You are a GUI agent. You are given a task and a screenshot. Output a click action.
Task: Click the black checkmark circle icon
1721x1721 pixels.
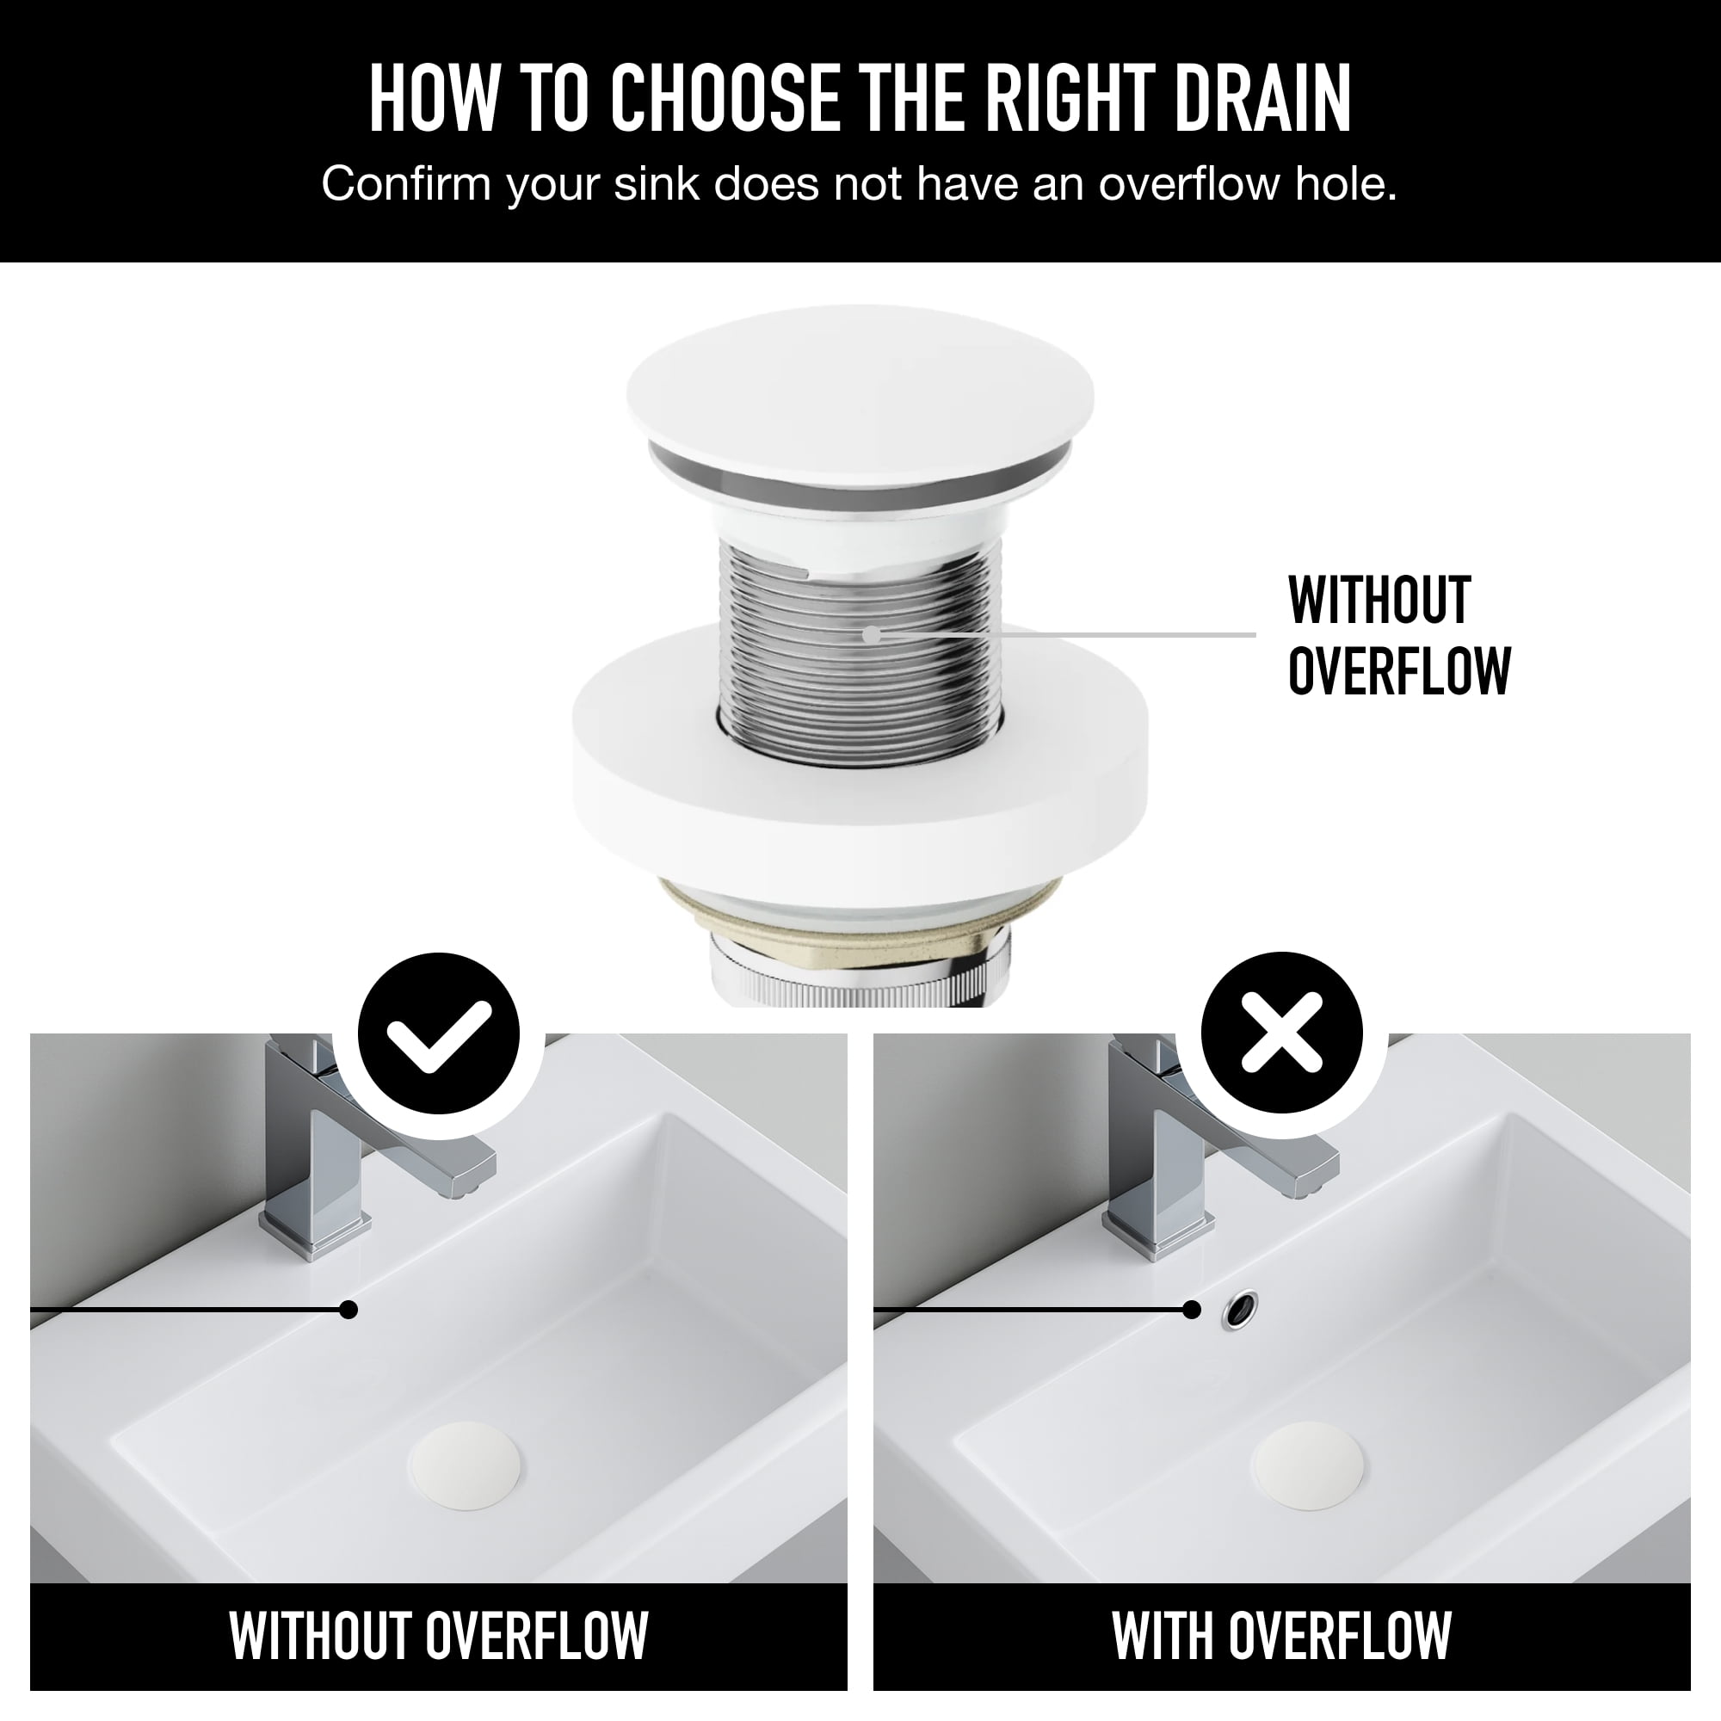[x=438, y=1033]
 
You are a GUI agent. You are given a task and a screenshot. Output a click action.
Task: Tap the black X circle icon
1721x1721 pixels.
[x=1282, y=1033]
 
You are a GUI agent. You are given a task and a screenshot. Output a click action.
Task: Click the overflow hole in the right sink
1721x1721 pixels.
[x=1240, y=1310]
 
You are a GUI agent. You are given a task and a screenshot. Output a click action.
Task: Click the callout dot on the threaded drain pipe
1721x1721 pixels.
[x=871, y=634]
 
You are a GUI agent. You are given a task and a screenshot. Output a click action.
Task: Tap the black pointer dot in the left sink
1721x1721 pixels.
[x=349, y=1310]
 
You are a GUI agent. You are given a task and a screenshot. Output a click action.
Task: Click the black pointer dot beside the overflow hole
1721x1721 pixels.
[x=1192, y=1310]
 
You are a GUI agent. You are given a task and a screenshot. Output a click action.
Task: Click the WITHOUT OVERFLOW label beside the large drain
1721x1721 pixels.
[x=1398, y=635]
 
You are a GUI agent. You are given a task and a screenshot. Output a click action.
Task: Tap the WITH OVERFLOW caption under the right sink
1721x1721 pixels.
[x=1282, y=1636]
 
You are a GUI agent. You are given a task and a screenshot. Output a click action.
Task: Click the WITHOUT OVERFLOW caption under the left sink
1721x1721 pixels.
[x=438, y=1636]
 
